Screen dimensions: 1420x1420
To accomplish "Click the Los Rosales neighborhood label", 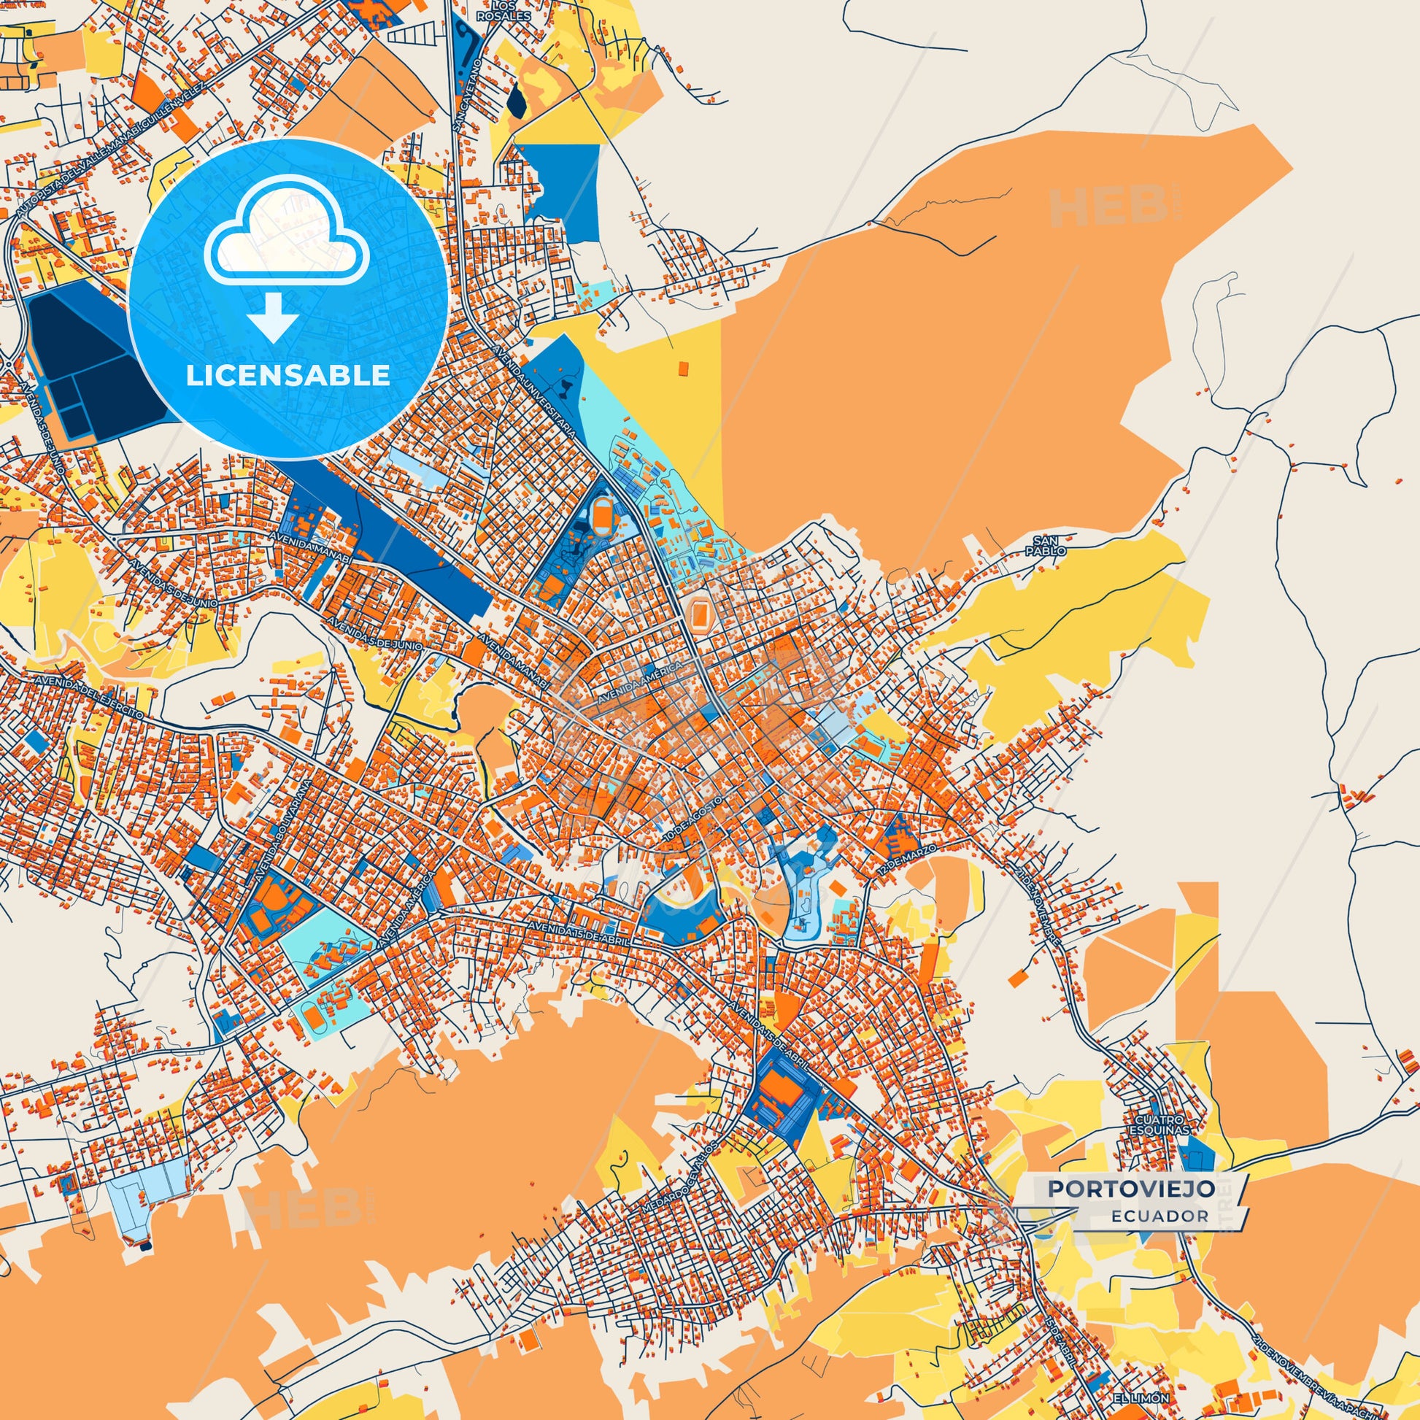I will point(501,12).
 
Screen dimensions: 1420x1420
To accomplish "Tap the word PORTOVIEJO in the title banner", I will point(1131,1189).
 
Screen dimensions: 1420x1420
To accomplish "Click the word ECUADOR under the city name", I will point(1159,1216).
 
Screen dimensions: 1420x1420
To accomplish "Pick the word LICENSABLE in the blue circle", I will point(288,376).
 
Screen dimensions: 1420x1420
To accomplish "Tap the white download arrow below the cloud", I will point(273,315).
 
